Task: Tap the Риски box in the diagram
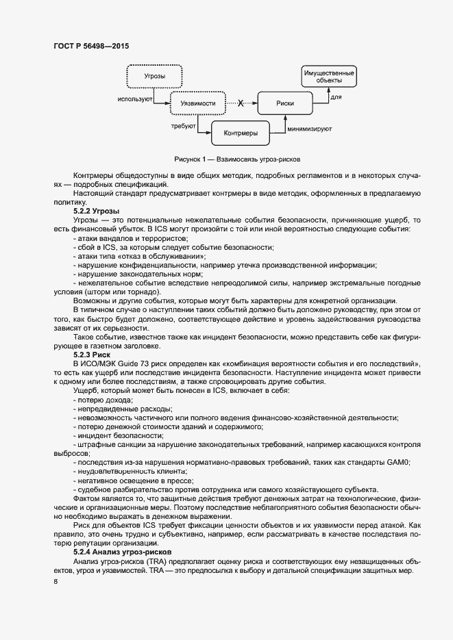(x=285, y=104)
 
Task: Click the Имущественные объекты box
(x=328, y=76)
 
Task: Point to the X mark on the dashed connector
(x=241, y=104)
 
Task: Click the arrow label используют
(x=134, y=99)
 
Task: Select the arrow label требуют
(x=184, y=126)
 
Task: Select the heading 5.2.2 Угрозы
(x=96, y=211)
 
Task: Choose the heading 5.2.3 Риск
(x=92, y=355)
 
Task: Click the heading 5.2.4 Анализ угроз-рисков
(x=122, y=551)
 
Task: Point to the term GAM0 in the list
(x=397, y=463)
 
